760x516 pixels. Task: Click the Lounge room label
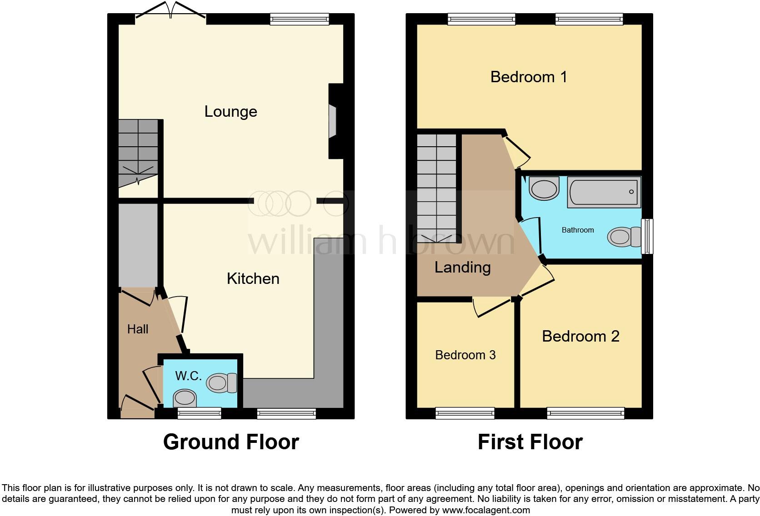[230, 111]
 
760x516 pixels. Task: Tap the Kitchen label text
[253, 278]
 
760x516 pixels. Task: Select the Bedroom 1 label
[529, 77]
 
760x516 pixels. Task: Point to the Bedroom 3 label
[465, 355]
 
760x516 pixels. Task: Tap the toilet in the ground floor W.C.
[221, 383]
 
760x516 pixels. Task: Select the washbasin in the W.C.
[185, 398]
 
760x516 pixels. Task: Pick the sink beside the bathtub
[544, 189]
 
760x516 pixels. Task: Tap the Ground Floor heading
[231, 442]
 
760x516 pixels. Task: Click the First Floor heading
[530, 442]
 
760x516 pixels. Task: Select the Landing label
[462, 267]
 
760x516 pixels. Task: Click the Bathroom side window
[647, 236]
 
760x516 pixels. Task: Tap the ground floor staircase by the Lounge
[138, 152]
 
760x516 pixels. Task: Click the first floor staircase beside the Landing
[436, 186]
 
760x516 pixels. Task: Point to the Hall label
[138, 329]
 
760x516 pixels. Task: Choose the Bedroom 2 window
[585, 413]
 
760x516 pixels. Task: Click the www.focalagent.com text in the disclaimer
[486, 510]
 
